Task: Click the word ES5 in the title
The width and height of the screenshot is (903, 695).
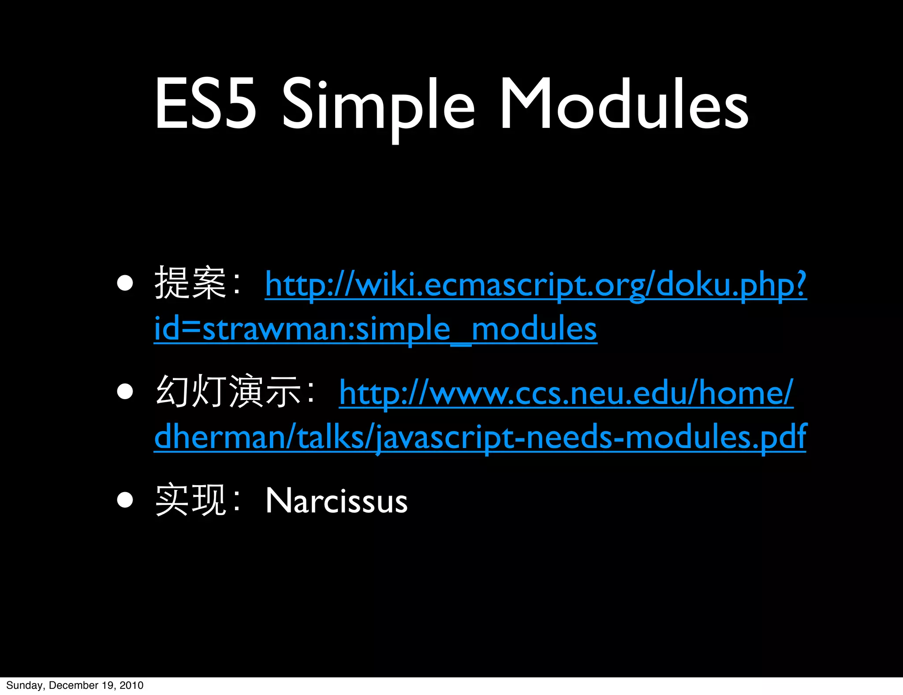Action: point(205,104)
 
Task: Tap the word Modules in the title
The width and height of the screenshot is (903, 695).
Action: point(623,104)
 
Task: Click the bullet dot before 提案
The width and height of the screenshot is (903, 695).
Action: point(125,284)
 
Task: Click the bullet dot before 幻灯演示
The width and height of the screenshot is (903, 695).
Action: point(125,391)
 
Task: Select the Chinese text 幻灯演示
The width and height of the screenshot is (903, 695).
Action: point(228,391)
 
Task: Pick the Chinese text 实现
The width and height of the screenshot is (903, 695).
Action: point(190,500)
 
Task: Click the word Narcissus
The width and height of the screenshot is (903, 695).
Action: point(336,501)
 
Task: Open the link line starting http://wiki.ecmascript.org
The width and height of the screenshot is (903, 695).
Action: point(535,285)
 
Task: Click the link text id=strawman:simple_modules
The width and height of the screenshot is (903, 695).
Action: point(375,329)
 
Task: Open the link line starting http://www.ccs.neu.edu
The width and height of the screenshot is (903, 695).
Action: point(566,393)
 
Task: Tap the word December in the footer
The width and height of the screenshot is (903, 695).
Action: point(73,685)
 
